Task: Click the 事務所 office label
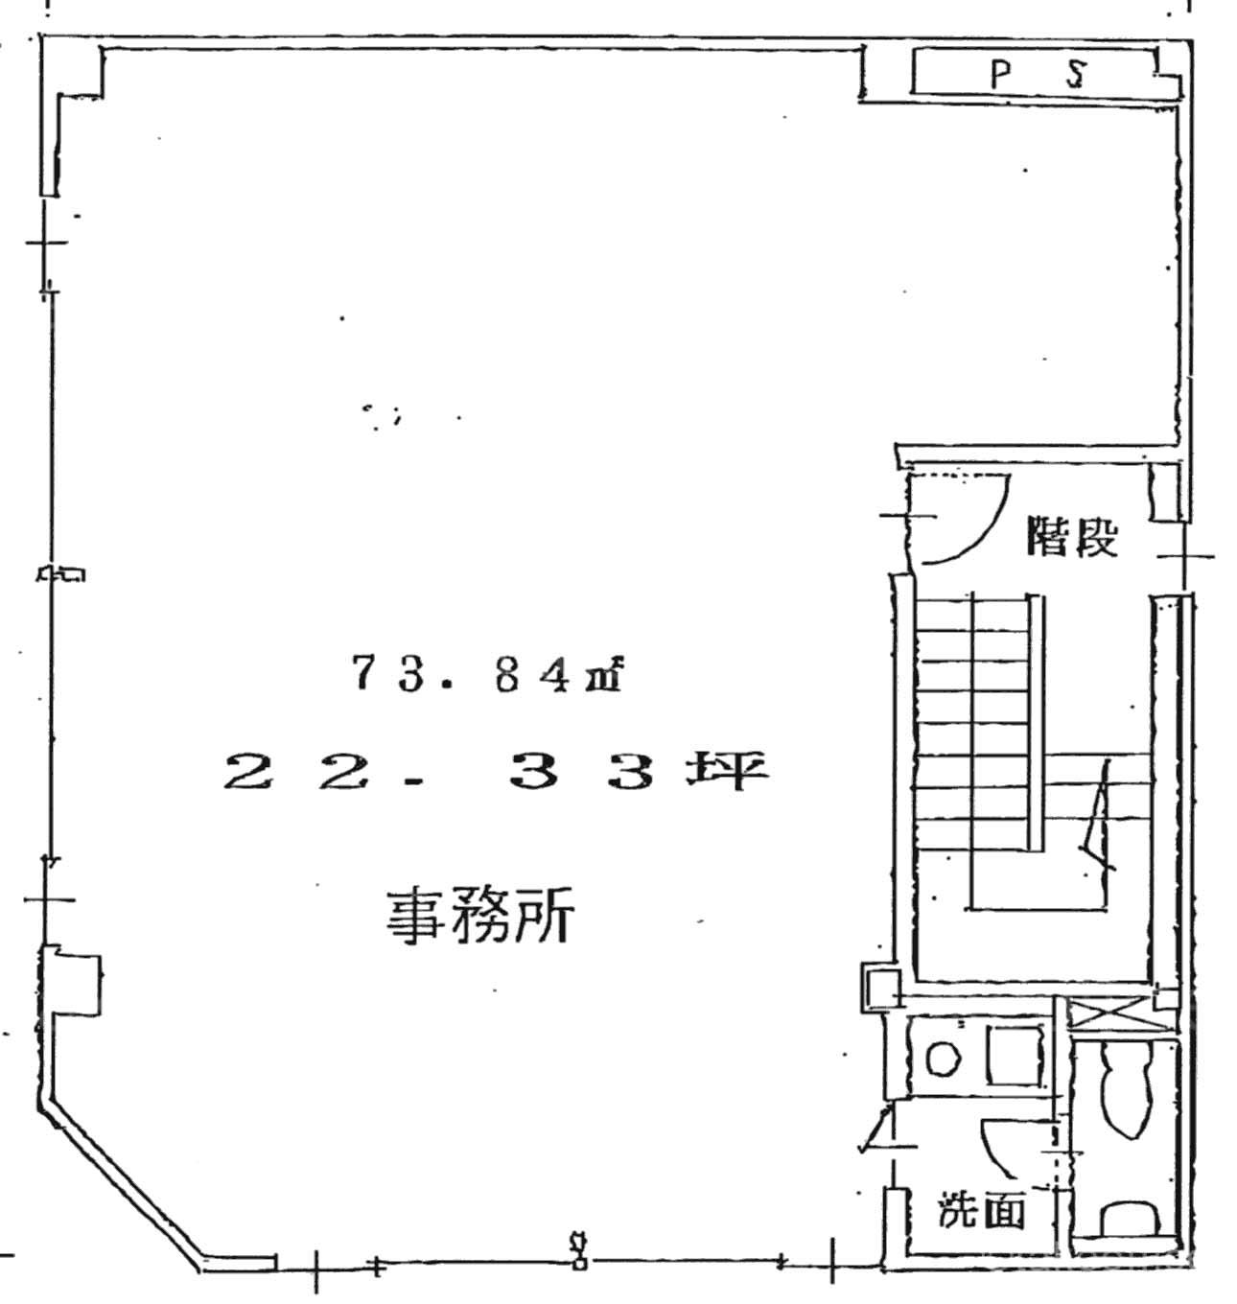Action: pyautogui.click(x=479, y=917)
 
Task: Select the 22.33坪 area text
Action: pyautogui.click(x=495, y=772)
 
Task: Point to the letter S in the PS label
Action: pyautogui.click(x=1076, y=74)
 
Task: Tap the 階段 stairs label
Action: pyautogui.click(x=1072, y=536)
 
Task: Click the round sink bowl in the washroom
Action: pyautogui.click(x=943, y=1059)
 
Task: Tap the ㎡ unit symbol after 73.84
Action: pyautogui.click(x=603, y=676)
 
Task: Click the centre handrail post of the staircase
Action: pyautogui.click(x=1035, y=723)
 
